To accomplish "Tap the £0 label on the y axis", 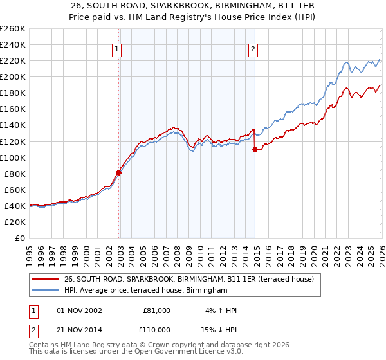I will point(19,238).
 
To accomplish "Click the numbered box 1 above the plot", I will point(117,49).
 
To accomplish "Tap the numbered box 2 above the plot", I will point(253,49).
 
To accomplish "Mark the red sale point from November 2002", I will point(118,172).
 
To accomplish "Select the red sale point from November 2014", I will point(255,149).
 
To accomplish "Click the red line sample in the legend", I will point(45,279).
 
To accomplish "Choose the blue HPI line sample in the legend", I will point(45,291).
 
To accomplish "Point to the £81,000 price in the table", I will point(157,310).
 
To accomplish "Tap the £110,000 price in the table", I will point(157,330).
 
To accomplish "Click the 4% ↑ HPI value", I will point(221,310).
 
